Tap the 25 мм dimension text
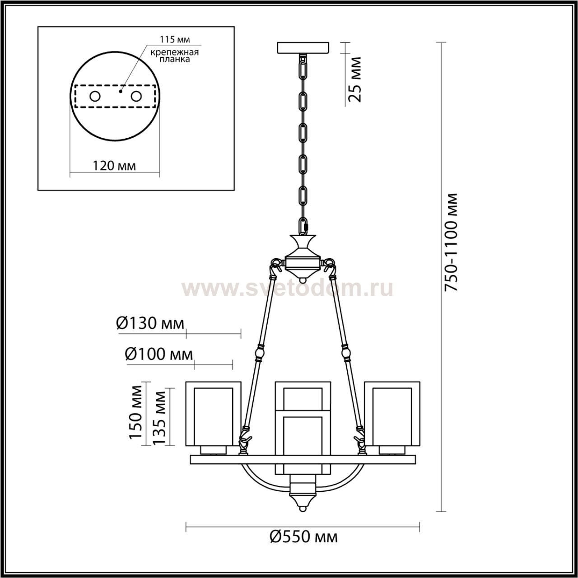(355, 79)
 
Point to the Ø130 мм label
(150, 324)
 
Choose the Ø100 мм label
(158, 354)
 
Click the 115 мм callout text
(175, 39)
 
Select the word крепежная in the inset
(175, 52)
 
